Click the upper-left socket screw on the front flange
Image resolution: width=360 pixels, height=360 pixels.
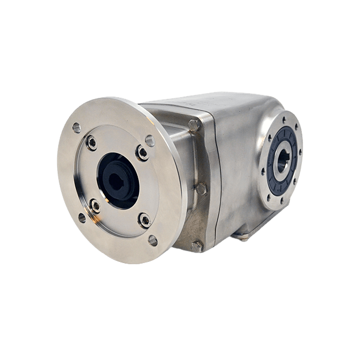pos(91,143)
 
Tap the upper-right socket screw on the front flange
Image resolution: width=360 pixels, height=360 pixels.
pos(142,152)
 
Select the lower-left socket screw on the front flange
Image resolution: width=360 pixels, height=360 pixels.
pos(95,206)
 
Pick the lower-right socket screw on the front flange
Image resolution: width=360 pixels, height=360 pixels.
pos(145,219)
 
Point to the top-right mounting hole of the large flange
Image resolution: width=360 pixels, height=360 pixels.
pos(150,140)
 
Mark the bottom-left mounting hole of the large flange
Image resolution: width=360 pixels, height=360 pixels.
pos(82,217)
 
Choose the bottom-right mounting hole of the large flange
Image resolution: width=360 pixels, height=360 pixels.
pos(153,240)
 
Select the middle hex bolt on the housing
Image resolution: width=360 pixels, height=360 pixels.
pos(200,188)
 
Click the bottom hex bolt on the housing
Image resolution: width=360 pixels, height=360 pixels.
pos(197,246)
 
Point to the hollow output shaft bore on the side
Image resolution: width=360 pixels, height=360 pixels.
pos(282,161)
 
